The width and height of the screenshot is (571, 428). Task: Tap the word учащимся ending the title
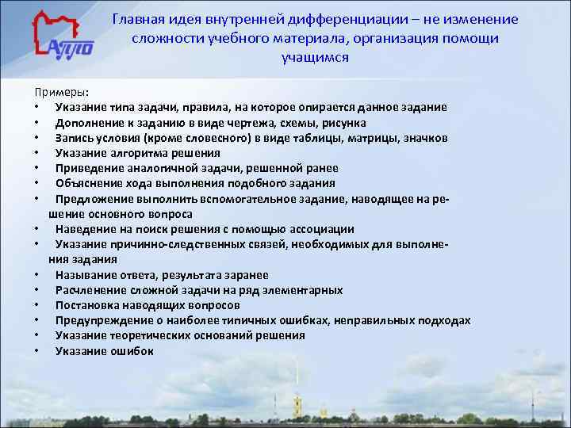(x=315, y=58)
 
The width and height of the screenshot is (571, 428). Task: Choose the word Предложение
(x=93, y=199)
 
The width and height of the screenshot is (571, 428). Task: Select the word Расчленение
(x=90, y=290)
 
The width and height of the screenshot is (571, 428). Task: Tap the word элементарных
(x=305, y=290)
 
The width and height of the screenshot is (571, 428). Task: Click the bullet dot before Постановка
(x=37, y=305)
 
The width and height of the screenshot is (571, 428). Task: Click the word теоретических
(x=155, y=335)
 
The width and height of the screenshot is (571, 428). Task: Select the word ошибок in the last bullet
(x=134, y=351)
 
